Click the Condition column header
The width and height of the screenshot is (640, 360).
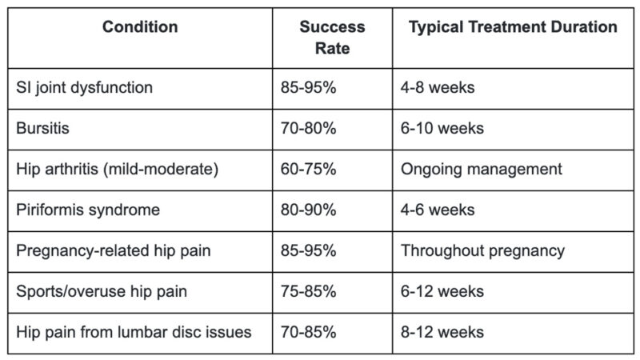140,27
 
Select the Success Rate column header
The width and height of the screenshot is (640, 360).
331,38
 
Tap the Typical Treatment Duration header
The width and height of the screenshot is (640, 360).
513,27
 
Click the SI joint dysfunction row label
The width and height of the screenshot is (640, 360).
84,87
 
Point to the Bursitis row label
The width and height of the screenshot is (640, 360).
43,128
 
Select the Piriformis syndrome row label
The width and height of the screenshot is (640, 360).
88,210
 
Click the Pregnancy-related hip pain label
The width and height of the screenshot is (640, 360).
113,250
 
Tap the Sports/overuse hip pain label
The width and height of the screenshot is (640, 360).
102,291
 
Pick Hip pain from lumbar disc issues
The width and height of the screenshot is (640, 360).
134,332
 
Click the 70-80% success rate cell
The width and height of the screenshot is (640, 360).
308,128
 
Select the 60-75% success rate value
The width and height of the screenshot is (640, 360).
308,169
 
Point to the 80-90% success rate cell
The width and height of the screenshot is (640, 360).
308,210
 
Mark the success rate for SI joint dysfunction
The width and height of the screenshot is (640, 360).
308,87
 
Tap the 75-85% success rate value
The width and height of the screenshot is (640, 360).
308,291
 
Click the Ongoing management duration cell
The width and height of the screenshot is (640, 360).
481,169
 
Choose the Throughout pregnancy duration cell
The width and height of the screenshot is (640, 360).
482,250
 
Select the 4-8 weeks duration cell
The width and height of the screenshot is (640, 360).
438,87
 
